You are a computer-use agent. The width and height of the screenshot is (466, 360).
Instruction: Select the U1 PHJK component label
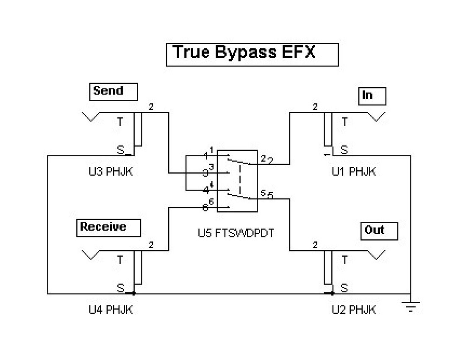[x=354, y=172]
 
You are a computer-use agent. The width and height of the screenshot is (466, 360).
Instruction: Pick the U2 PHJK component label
[x=354, y=310]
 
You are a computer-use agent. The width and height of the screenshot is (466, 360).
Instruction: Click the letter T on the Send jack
[x=120, y=122]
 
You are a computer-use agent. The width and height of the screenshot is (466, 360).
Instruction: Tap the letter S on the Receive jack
[x=121, y=288]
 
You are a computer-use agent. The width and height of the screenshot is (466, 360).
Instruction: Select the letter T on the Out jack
[x=344, y=260]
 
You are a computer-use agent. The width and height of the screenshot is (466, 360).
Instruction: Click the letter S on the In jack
[x=344, y=150]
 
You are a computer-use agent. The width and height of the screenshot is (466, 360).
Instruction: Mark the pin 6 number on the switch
[x=205, y=208]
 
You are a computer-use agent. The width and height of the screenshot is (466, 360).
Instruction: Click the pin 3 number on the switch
[x=205, y=173]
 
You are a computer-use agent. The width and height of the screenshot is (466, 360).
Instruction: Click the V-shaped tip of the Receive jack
[x=89, y=255]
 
